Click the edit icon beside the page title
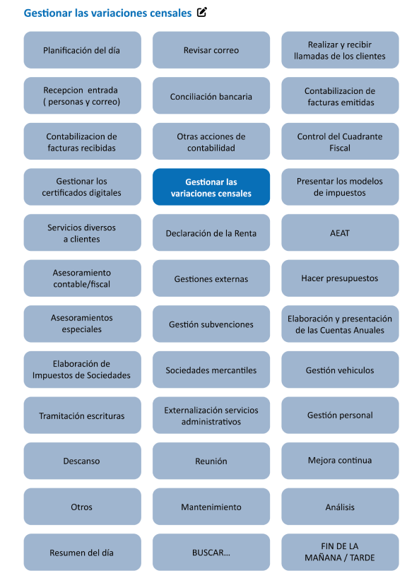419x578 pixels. tap(201, 13)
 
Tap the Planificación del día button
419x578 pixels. tap(81, 50)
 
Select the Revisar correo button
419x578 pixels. tap(211, 50)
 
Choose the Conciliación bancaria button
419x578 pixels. tap(211, 97)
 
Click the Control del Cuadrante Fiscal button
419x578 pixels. tap(339, 142)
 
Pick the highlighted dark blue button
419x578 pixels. tap(211, 187)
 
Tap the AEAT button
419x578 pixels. tap(339, 233)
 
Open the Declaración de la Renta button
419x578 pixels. tap(211, 233)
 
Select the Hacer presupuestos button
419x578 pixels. tap(339, 278)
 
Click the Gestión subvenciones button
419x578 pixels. tap(211, 324)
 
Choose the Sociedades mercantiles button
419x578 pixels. tap(211, 370)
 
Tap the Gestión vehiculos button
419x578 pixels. tap(339, 370)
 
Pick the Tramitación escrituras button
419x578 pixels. tap(81, 415)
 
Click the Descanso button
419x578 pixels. tap(81, 461)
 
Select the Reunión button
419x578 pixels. tap(211, 461)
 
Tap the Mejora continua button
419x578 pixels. tap(339, 461)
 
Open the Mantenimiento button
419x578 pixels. tap(211, 507)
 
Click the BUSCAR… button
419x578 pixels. tap(211, 552)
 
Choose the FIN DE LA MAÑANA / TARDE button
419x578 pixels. tap(339, 552)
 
